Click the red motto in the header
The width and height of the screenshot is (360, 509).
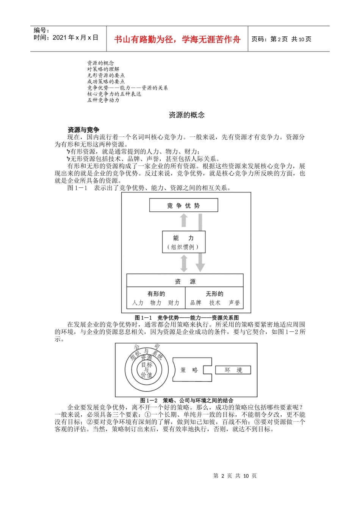(x=177, y=39)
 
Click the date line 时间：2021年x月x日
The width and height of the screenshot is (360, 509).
(x=66, y=37)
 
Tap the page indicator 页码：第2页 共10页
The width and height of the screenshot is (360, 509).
(x=281, y=39)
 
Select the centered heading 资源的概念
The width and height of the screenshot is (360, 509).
(x=186, y=115)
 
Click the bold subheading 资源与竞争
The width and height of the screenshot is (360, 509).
(x=83, y=130)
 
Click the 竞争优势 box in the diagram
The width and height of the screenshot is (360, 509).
(x=183, y=206)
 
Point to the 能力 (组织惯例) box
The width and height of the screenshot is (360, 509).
(x=183, y=242)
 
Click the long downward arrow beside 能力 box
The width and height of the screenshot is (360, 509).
(x=200, y=242)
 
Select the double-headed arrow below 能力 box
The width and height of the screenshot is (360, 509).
(x=184, y=263)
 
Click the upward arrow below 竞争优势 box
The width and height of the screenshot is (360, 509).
(x=184, y=221)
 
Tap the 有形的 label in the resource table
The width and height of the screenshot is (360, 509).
(x=156, y=294)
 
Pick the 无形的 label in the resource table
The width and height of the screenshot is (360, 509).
(x=214, y=294)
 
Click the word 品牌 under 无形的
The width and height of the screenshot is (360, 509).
(x=196, y=303)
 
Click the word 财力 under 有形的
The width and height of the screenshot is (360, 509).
(x=174, y=303)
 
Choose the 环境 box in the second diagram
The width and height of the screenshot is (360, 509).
(x=233, y=370)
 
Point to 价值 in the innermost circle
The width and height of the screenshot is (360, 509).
(x=146, y=375)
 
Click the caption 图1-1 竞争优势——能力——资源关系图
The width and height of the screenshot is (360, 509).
(x=187, y=318)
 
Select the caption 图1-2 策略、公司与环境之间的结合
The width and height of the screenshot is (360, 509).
(x=186, y=400)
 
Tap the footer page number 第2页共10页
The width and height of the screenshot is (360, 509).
(x=235, y=476)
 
